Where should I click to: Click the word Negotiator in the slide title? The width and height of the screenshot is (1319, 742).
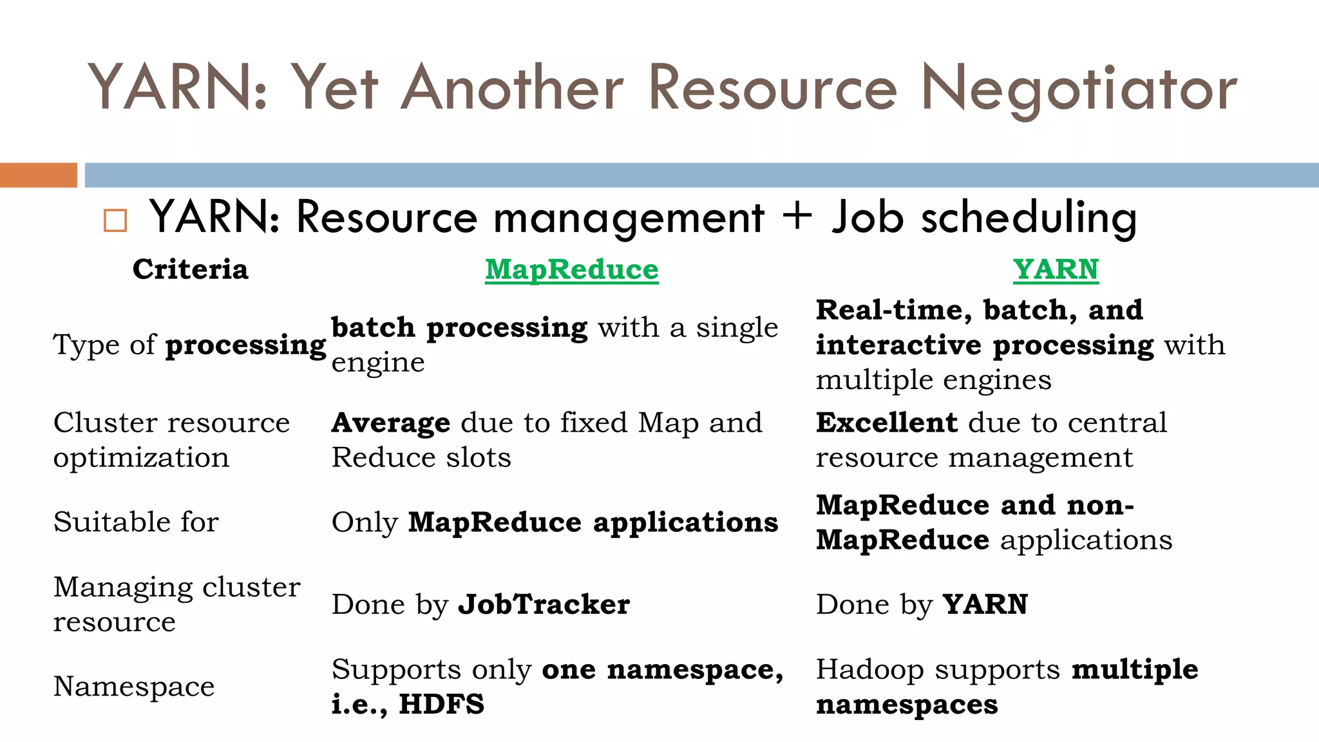tap(1079, 90)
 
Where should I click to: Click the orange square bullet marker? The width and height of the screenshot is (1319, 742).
tap(115, 220)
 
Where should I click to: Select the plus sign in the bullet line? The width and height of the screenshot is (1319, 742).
tap(797, 216)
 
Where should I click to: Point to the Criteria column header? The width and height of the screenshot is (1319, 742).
tap(190, 269)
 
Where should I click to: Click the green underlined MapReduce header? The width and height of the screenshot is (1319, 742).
tap(572, 269)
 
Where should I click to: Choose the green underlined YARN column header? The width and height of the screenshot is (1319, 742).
tap(1056, 269)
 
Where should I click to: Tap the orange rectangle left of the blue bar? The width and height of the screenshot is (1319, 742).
tap(38, 175)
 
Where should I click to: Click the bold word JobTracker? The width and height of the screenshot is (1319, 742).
tap(544, 604)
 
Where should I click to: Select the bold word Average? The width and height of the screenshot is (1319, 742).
tap(391, 423)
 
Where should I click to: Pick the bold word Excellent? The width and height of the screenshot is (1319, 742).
tap(886, 423)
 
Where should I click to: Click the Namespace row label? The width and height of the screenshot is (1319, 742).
tap(134, 687)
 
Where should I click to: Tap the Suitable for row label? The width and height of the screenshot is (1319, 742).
tap(136, 522)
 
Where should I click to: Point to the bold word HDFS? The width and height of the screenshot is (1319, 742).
tap(441, 704)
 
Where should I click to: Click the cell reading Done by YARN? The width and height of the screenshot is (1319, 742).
tap(922, 604)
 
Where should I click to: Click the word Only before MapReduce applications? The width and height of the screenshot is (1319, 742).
tap(365, 522)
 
